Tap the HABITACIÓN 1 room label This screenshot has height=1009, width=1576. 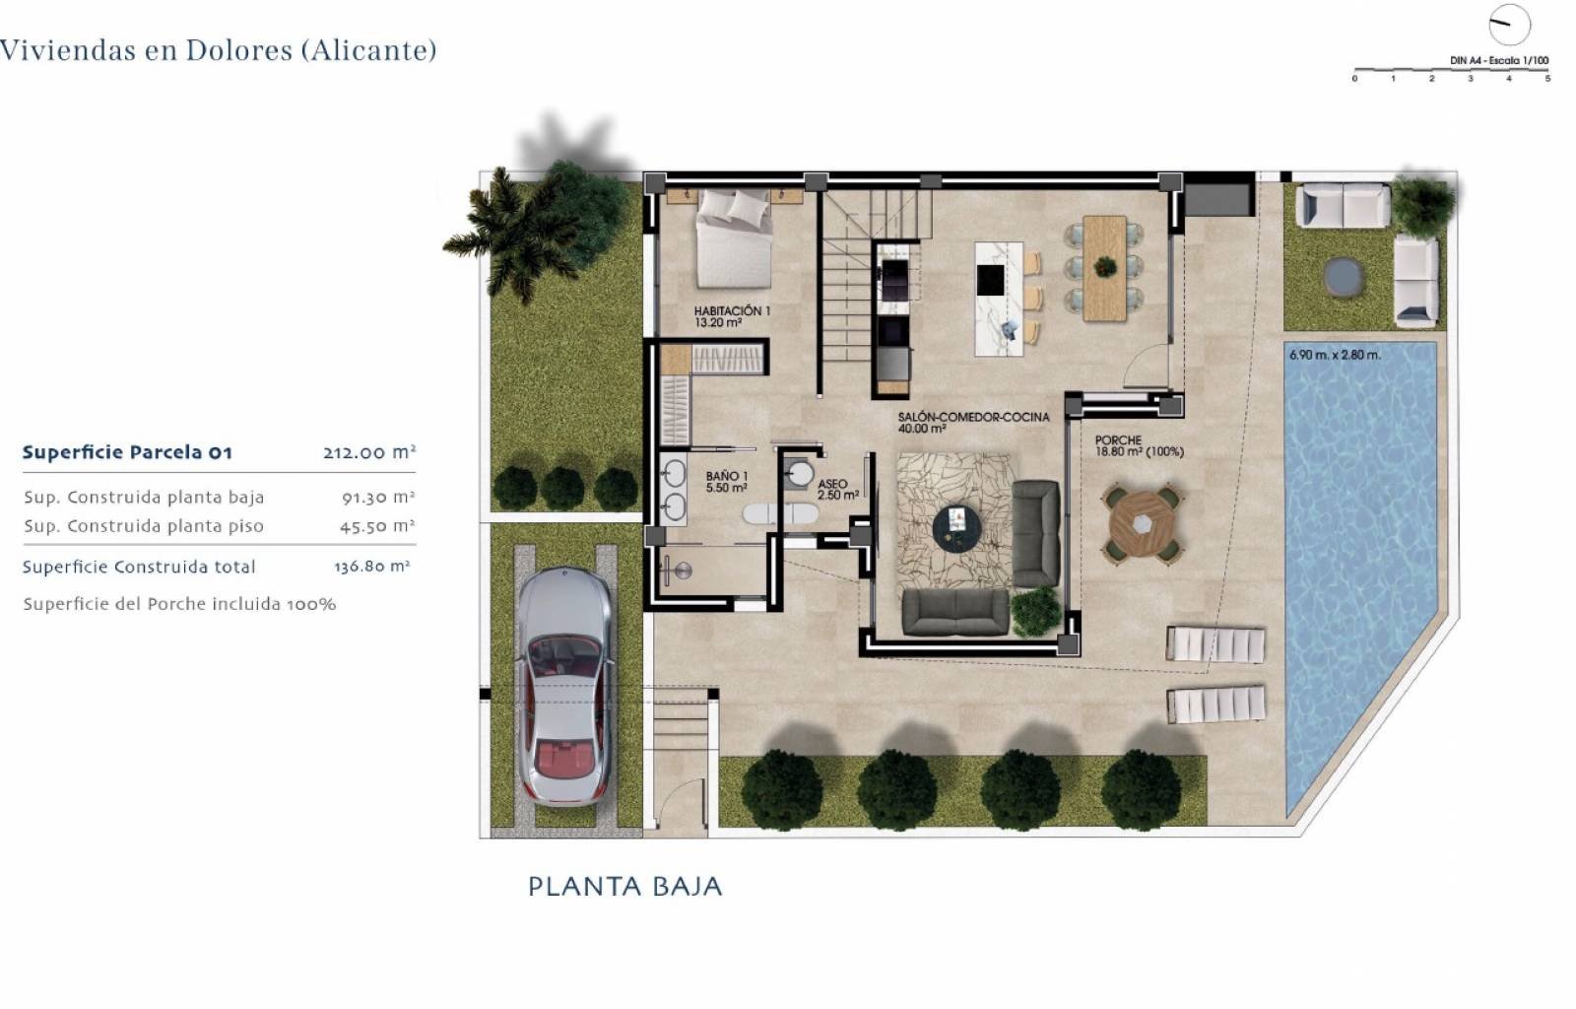pyautogui.click(x=732, y=316)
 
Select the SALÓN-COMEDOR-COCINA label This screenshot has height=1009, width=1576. pyautogui.click(x=973, y=422)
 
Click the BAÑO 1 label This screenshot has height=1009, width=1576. pyautogui.click(x=727, y=482)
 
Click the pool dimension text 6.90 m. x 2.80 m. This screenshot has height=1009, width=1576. pyautogui.click(x=1335, y=355)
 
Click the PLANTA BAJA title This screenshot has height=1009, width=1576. pyautogui.click(x=624, y=887)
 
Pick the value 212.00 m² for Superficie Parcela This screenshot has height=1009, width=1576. pyautogui.click(x=368, y=453)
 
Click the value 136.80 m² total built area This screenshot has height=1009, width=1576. pyautogui.click(x=372, y=567)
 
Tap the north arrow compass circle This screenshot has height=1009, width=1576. pyautogui.click(x=1509, y=25)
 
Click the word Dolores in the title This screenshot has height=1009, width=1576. pyautogui.click(x=238, y=50)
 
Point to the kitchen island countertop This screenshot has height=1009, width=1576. pyautogui.click(x=998, y=298)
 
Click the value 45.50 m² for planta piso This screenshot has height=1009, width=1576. pyautogui.click(x=376, y=526)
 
